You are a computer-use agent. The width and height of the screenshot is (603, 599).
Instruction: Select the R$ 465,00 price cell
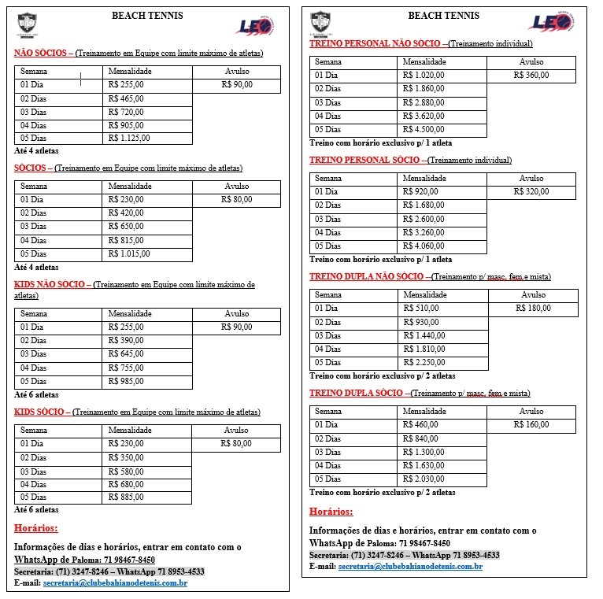[126, 98]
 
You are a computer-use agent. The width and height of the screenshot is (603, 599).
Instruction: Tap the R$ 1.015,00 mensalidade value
[128, 253]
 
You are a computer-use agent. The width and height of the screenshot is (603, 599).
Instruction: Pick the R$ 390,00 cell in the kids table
[126, 340]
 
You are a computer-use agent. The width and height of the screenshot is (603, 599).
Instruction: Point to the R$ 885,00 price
[126, 497]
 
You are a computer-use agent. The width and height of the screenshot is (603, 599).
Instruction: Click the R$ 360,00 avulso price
[531, 76]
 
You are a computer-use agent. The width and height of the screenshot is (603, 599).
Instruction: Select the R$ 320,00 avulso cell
[531, 191]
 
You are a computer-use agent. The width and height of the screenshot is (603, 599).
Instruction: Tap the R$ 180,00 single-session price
[533, 309]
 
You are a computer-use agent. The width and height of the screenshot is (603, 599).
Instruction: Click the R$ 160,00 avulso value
[531, 425]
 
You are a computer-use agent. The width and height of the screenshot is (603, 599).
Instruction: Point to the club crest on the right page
[320, 21]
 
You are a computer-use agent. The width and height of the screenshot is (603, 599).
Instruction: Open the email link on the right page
[410, 567]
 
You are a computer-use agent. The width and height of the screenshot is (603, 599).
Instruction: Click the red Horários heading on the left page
[36, 528]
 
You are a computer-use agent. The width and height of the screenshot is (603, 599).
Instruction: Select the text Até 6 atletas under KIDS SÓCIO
[36, 510]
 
